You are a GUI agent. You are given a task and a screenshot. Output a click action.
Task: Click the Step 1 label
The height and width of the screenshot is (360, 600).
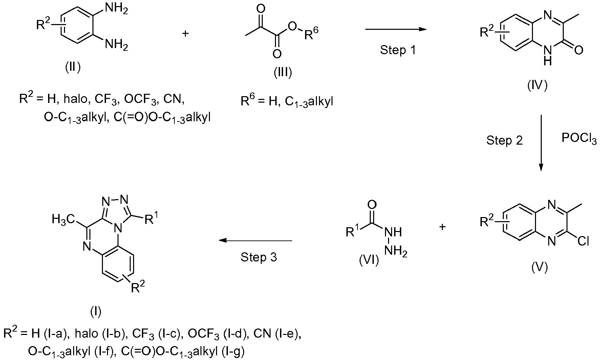(398, 50)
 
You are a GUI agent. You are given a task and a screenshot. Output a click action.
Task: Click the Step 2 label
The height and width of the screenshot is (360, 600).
(505, 140)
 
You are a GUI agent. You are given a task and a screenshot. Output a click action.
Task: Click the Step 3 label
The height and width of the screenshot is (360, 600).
(259, 257)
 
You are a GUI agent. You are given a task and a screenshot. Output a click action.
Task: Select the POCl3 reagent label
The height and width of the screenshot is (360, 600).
(579, 139)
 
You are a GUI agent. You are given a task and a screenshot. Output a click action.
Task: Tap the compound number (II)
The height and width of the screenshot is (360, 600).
(73, 68)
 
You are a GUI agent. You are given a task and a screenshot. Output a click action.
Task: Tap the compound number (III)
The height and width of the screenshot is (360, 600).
(283, 72)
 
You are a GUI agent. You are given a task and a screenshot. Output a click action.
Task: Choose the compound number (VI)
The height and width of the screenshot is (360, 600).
(369, 261)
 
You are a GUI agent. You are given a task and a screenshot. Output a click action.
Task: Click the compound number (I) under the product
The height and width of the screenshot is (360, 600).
(96, 311)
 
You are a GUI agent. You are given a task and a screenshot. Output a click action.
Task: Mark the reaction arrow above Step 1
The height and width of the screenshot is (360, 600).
(395, 29)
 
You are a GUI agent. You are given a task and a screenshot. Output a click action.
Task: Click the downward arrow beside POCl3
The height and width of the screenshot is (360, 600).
(541, 143)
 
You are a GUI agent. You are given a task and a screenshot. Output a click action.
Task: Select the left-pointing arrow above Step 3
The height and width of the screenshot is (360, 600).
(255, 241)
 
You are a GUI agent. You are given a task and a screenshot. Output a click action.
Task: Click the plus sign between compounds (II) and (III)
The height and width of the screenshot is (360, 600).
(185, 34)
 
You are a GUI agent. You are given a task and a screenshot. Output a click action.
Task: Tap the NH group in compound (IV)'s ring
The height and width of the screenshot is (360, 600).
(549, 56)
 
